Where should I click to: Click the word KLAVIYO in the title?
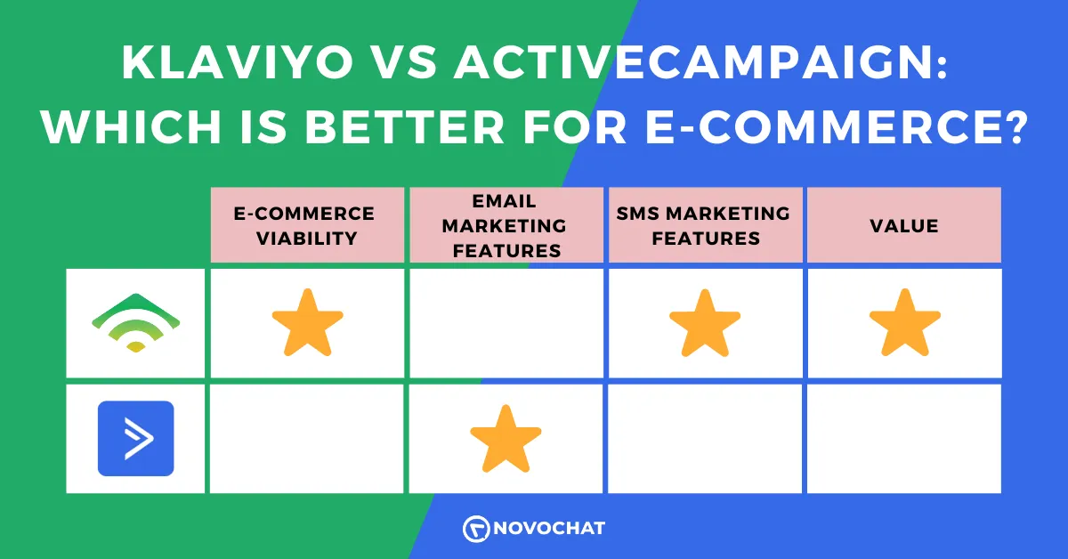[238, 62]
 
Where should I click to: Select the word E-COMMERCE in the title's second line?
[836, 126]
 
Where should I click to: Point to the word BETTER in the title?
[405, 126]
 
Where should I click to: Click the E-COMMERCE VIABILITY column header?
[305, 225]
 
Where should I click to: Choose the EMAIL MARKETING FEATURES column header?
[505, 225]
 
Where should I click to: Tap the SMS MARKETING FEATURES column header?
[704, 225]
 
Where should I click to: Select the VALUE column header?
[904, 225]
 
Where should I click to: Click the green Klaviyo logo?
[136, 323]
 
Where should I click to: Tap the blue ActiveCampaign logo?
[136, 438]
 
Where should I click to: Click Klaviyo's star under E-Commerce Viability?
[308, 323]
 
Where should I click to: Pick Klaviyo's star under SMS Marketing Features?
[705, 323]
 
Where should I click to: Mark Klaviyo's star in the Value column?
[905, 323]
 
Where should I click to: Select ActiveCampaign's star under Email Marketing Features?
[506, 440]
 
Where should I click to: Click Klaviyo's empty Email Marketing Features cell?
[506, 323]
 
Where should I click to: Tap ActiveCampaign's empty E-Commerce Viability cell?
[306, 438]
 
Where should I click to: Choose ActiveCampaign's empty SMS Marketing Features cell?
[705, 438]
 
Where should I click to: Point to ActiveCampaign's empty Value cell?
[904, 438]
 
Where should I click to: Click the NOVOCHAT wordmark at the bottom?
[549, 529]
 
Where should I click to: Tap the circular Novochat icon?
[476, 529]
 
